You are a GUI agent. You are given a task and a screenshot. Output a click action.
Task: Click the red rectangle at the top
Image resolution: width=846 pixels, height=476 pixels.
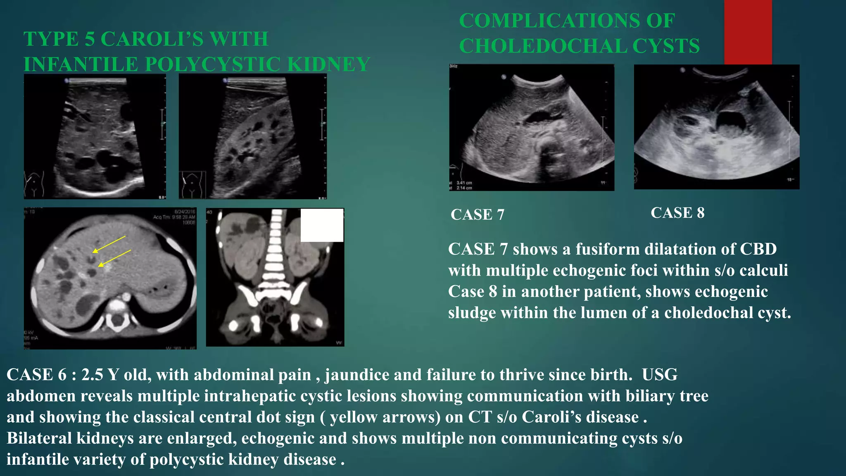pos(748,32)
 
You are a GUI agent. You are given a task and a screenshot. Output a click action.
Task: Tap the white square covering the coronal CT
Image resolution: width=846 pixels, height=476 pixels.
pos(322,225)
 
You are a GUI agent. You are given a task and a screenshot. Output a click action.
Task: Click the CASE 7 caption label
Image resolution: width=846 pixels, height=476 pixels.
pos(478,214)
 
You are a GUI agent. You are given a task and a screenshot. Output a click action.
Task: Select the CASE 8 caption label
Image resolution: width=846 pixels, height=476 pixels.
pos(677,213)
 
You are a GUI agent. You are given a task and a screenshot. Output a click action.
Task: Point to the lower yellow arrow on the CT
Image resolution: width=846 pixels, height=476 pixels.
pos(114,258)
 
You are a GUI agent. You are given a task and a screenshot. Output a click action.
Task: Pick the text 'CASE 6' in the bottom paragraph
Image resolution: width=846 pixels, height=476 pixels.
pos(36,375)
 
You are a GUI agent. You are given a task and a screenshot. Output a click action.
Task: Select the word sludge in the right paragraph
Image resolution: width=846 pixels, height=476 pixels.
pos(472,313)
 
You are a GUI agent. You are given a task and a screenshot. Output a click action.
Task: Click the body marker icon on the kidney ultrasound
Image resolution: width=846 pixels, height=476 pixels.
pos(192,184)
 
